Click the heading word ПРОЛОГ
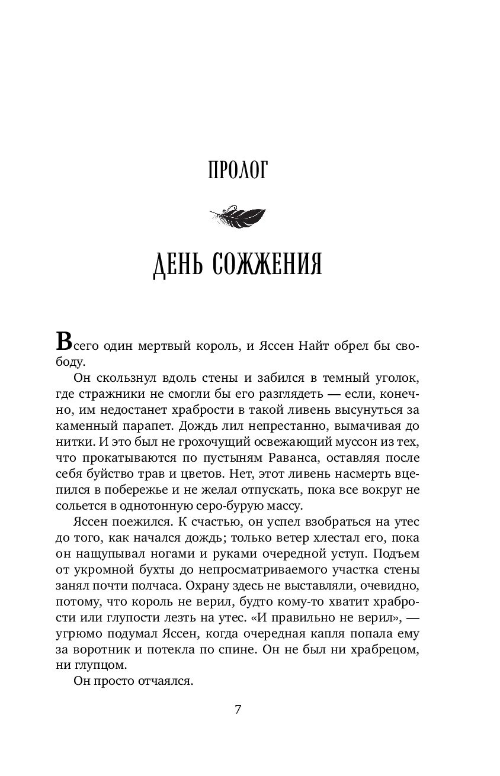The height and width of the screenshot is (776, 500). pyautogui.click(x=239, y=171)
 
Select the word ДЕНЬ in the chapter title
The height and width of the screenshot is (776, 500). pyautogui.click(x=178, y=265)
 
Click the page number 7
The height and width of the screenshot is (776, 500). pyautogui.click(x=238, y=710)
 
